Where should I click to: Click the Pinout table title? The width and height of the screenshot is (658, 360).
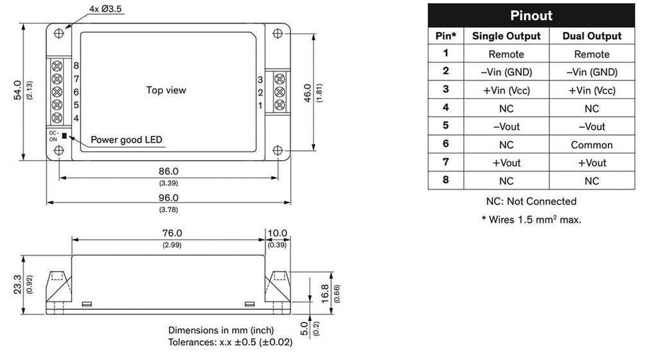pos(531,15)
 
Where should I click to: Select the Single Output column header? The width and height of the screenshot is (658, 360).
pos(506,36)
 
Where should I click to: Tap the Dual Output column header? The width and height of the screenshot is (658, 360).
pos(592,36)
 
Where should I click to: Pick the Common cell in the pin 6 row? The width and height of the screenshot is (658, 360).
pos(592,145)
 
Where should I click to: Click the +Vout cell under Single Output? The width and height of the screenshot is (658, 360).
pos(506,163)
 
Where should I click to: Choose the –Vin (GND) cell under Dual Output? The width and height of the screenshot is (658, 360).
pos(592,72)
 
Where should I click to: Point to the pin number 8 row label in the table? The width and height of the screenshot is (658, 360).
pos(445,181)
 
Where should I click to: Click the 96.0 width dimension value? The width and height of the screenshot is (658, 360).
pos(170,198)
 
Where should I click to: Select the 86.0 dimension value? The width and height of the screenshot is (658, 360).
pos(169,171)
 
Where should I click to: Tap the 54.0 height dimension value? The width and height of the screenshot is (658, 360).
pos(18,91)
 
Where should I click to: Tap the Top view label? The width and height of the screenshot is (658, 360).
pos(166,90)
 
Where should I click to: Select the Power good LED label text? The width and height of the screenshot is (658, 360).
pos(127,139)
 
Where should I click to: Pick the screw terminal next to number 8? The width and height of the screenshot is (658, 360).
pos(57,66)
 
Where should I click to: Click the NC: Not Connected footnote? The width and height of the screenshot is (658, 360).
pos(531,201)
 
